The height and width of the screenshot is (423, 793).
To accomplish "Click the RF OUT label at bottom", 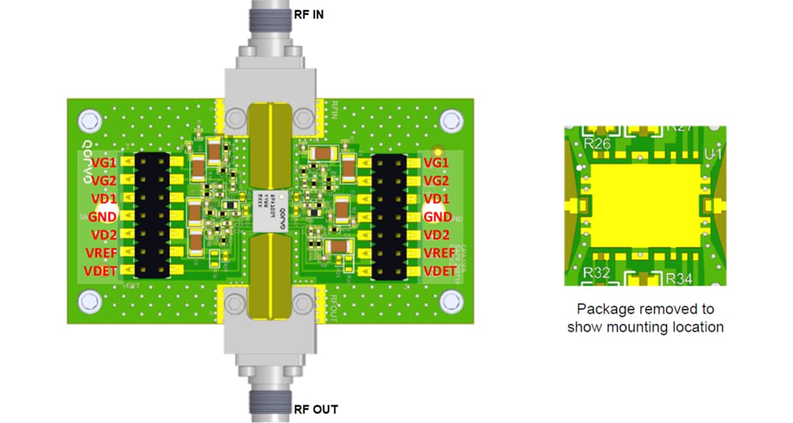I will tap(316, 409).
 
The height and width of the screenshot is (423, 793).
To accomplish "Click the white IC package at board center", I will tap(261, 209).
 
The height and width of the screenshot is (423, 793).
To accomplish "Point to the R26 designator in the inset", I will tap(596, 144).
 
